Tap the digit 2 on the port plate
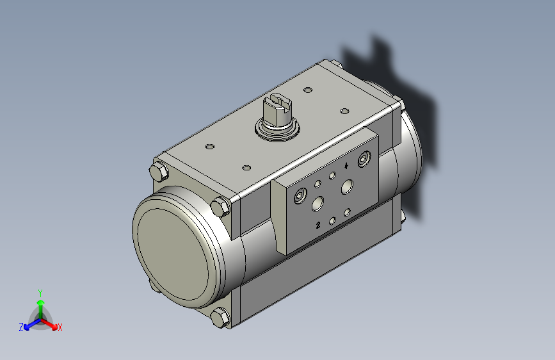coord(318,225)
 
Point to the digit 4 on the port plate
coord(346,165)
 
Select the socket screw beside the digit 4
coord(364,159)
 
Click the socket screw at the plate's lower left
coord(300,195)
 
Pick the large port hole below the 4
coord(347,187)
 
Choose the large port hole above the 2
coord(318,204)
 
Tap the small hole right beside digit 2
coord(332,222)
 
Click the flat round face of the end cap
coord(173,254)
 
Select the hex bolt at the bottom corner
coord(220,317)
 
